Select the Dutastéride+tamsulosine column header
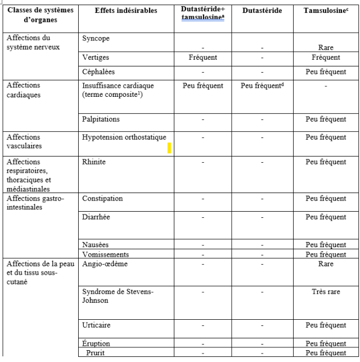[x=203, y=14]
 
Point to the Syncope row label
[x=96, y=39]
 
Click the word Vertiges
[x=95, y=57]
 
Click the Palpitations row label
[x=101, y=119]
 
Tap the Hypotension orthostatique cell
[x=124, y=137]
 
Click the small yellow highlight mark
[x=169, y=148]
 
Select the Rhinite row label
[x=94, y=162]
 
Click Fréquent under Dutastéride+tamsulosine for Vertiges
[x=203, y=57]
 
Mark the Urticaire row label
[x=96, y=325]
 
